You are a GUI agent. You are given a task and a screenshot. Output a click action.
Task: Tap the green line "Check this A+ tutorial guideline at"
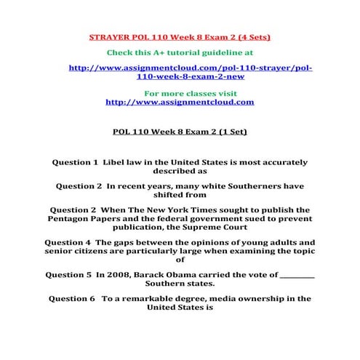point(180,52)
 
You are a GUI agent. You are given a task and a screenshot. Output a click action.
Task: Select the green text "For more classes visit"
point(180,93)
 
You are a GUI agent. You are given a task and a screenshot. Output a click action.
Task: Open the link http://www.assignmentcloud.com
point(180,102)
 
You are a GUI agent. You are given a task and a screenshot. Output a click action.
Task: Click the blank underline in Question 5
point(297,276)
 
